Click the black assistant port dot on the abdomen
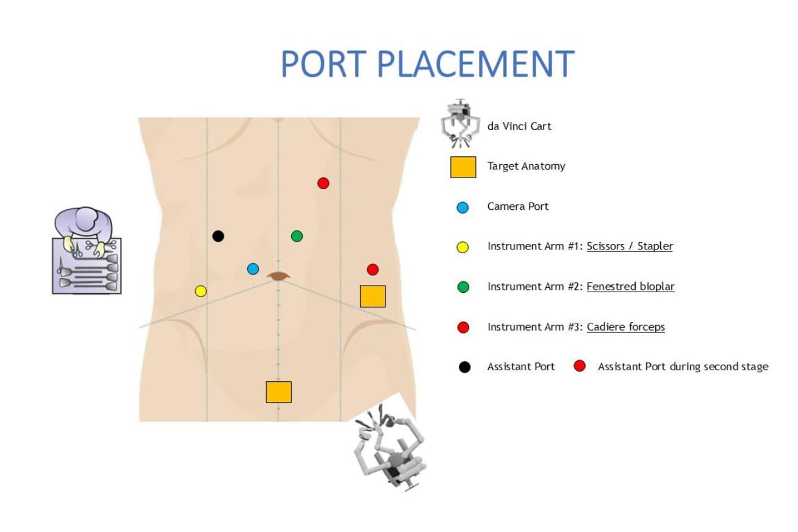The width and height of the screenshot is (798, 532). (218, 236)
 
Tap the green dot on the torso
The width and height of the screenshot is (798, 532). (297, 236)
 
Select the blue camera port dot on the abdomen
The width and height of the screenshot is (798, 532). (253, 268)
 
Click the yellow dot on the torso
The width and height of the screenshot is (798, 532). (201, 291)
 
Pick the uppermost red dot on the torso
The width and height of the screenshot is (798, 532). (323, 183)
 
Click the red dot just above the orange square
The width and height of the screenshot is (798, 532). (373, 269)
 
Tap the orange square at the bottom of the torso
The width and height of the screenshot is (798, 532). (278, 392)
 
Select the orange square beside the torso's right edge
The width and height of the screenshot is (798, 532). (372, 296)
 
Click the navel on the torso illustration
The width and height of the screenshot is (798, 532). (279, 276)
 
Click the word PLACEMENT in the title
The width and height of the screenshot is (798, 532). (475, 63)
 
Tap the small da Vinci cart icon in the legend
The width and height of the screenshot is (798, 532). (460, 123)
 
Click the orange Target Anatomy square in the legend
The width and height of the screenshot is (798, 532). (463, 167)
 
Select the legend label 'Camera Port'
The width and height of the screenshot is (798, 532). (517, 206)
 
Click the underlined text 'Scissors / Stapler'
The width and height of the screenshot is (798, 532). (630, 246)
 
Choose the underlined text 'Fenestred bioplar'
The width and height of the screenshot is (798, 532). (630, 287)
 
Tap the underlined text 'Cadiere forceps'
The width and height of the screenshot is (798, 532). (625, 327)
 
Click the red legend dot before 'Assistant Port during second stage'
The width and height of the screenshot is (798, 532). (580, 366)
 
